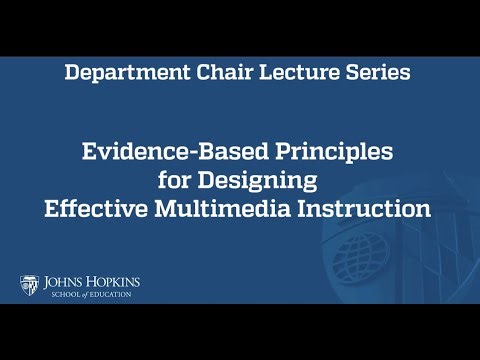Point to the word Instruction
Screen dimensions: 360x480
click(x=367, y=211)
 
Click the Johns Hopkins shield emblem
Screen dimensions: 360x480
click(x=28, y=285)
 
